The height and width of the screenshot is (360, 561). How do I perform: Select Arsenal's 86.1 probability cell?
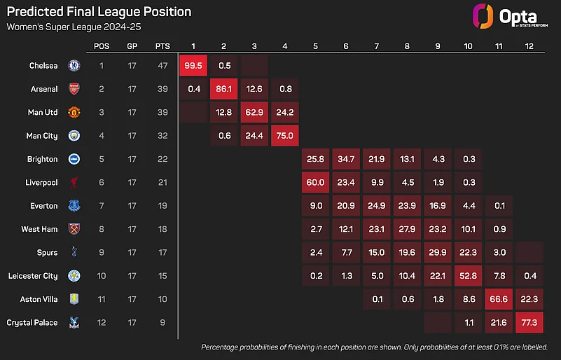224,89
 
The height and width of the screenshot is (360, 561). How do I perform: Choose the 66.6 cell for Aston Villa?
498,299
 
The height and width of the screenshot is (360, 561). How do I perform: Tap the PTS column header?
162,46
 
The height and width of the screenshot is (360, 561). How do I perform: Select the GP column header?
132,46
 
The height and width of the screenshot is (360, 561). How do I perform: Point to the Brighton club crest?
74,159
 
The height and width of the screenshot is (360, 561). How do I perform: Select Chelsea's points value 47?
162,66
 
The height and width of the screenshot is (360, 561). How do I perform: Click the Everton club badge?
74,206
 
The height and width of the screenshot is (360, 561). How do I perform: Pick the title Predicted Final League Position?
98,13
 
